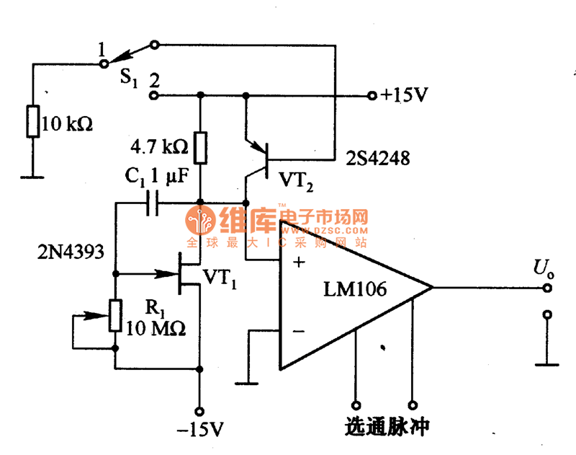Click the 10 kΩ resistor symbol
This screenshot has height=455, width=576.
point(32,121)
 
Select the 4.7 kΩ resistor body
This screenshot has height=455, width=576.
point(200,149)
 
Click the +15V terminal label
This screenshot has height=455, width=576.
point(405,95)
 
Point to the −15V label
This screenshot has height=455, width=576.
point(200,430)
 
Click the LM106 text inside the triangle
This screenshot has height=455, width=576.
point(355,289)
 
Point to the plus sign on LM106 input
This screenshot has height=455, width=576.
point(300,261)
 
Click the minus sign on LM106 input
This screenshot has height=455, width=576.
point(299,332)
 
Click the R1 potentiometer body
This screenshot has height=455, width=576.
point(114,316)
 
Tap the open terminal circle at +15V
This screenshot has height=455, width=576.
point(372,95)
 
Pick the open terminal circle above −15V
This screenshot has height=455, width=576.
point(200,408)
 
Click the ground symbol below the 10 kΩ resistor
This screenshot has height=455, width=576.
point(32,175)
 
